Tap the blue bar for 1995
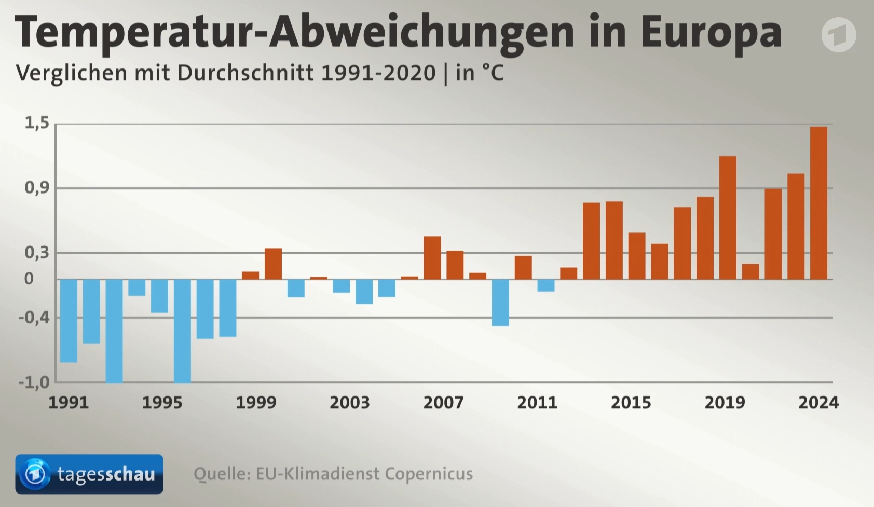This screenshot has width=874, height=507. [160, 296]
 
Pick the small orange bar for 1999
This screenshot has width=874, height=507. [250, 276]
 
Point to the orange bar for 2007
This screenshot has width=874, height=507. [432, 258]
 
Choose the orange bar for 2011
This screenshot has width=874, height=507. [523, 267]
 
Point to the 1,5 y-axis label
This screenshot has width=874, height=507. [37, 123]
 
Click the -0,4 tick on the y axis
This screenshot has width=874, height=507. [34, 317]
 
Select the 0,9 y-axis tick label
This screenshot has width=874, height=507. [37, 188]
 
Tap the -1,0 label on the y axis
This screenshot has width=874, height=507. [34, 382]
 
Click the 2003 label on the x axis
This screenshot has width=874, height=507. [350, 403]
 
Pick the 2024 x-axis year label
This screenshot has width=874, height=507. [818, 403]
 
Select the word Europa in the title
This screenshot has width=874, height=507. [711, 32]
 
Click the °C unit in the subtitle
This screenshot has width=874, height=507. [493, 73]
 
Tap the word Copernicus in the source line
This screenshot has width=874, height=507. [429, 474]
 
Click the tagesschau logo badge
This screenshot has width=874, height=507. [89, 474]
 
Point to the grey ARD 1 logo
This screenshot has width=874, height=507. [839, 34]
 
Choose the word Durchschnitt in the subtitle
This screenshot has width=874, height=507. [245, 73]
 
